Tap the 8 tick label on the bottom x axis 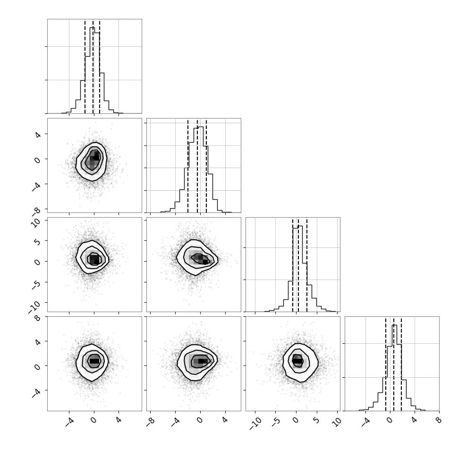(x=439, y=421)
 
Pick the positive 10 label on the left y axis (x=36, y=222)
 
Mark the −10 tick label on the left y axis (x=34, y=307)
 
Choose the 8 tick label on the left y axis (x=38, y=318)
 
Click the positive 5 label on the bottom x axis (x=316, y=421)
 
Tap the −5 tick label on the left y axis (x=36, y=285)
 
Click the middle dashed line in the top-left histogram (x=93, y=66)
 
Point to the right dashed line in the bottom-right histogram (x=401, y=364)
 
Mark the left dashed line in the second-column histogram (x=188, y=166)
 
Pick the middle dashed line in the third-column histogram (x=298, y=264)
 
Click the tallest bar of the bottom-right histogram (x=394, y=368)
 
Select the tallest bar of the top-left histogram (x=92, y=70)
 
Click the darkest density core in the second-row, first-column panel (x=96, y=158)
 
